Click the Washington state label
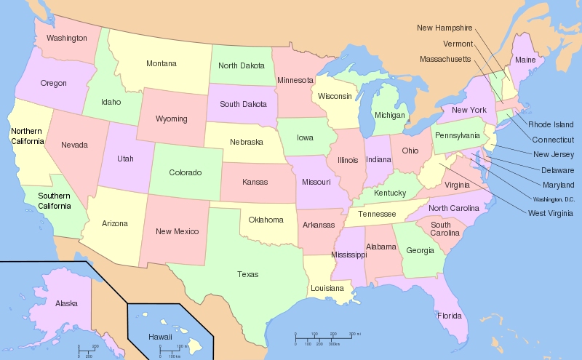coord(66,38)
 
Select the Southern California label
coord(44,201)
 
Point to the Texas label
coord(247,274)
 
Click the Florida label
coord(449,316)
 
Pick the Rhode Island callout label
coord(551,124)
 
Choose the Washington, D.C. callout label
coord(553,199)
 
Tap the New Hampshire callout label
coord(445,28)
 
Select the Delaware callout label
coord(558,169)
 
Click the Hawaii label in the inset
coord(160,337)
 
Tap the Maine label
coord(525,60)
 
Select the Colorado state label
coord(185,172)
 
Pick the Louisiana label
coord(326,288)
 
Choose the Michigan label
coord(389,115)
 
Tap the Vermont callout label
coord(457,43)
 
